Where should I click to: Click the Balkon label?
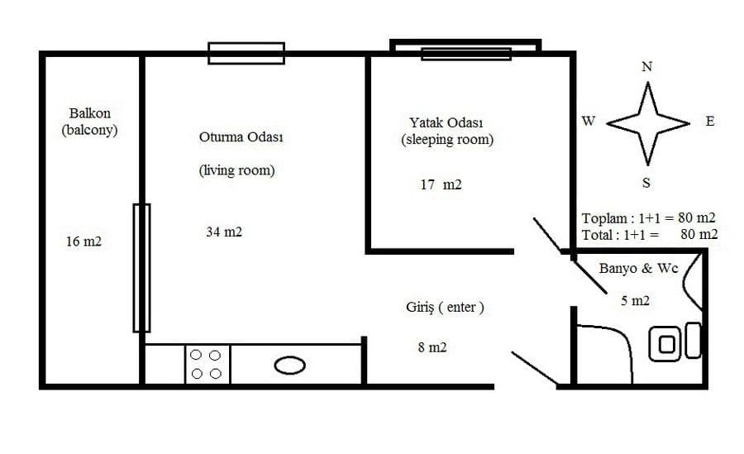(89, 113)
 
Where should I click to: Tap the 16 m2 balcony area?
(83, 241)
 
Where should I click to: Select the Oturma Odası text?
(241, 136)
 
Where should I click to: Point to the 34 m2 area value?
(224, 232)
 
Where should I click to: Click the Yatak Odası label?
(446, 122)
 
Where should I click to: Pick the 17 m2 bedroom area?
(441, 184)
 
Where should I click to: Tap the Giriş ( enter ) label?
(445, 308)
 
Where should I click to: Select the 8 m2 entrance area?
(432, 347)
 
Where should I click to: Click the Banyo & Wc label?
(639, 268)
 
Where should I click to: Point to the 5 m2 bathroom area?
(636, 301)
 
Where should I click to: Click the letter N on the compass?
(646, 66)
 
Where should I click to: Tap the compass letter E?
(710, 122)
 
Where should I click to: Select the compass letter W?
(589, 121)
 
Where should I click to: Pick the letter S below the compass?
(646, 183)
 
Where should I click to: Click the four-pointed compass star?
(647, 123)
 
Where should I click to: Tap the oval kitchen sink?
(290, 366)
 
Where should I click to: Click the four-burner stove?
(207, 364)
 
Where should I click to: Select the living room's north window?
(246, 53)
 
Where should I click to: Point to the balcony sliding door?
(142, 268)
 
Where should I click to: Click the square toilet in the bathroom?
(665, 344)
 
